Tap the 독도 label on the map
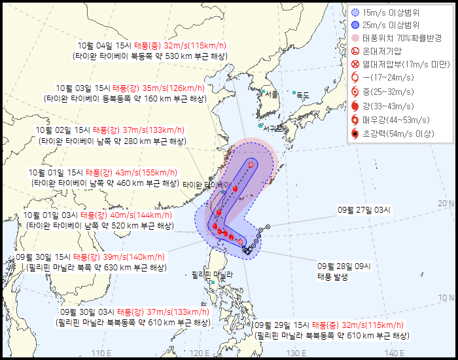coord(302,95)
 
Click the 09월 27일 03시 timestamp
coord(364,210)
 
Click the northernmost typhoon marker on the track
coord(251,164)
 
